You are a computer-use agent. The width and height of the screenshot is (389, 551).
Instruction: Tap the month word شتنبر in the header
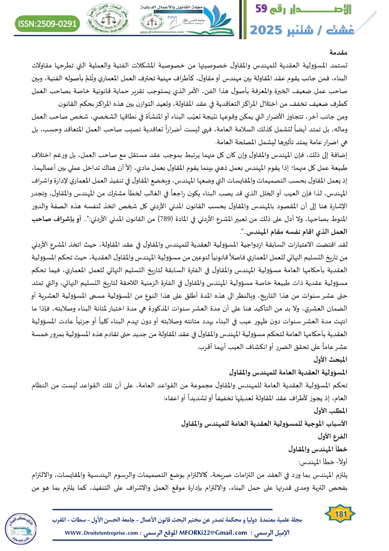click(x=320, y=30)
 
